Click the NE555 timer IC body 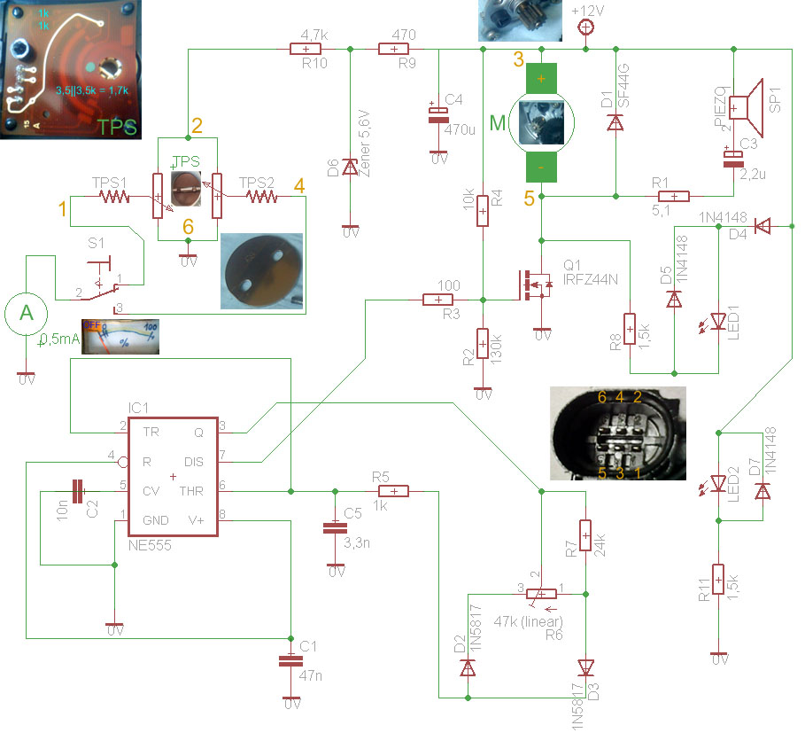[x=174, y=476]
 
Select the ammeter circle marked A [x=25, y=314]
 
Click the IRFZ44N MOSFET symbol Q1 [x=535, y=286]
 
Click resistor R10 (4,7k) [x=306, y=50]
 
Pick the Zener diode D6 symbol [x=350, y=167]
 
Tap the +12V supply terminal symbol [x=584, y=27]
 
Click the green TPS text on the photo [x=117, y=126]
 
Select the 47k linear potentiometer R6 [x=542, y=594]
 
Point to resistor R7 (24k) [x=584, y=535]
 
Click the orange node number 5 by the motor [x=529, y=199]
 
